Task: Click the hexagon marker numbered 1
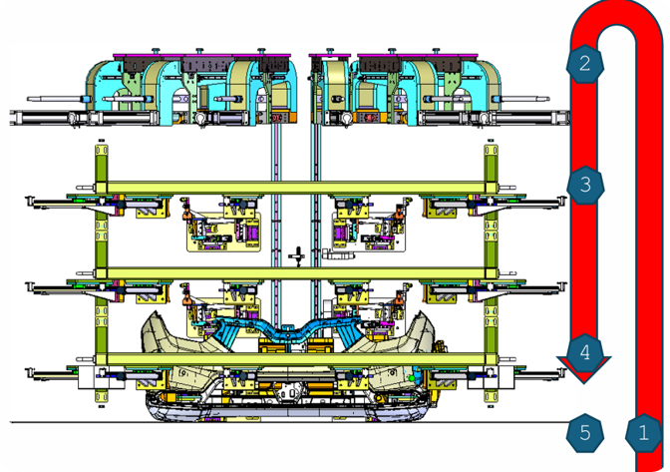(643, 433)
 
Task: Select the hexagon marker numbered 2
(585, 64)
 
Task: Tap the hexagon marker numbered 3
(585, 185)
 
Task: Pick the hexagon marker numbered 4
(585, 352)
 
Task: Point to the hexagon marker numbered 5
(585, 433)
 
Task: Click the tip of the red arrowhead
(583, 383)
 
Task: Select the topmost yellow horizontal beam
(296, 188)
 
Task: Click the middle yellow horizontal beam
(296, 273)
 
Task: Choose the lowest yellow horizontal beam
(296, 358)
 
